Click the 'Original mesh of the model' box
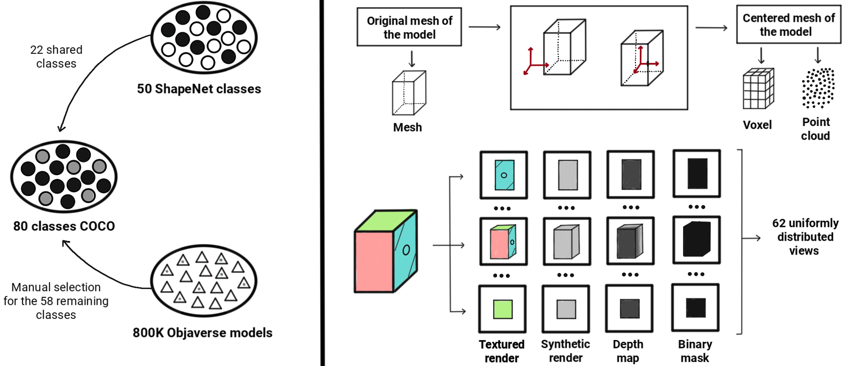coord(409,27)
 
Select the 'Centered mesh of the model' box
coord(788,24)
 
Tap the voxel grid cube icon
coord(758,89)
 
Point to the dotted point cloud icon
coord(818,88)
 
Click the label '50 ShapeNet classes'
coord(199,89)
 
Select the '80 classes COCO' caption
coord(64,226)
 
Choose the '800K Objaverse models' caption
coord(203,333)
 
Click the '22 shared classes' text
coord(56,56)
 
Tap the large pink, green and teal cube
coord(386,251)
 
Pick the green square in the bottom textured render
coord(503,309)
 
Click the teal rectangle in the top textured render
coord(505,175)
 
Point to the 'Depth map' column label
coord(628,351)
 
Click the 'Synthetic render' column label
coord(565,351)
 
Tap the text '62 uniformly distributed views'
coord(805,237)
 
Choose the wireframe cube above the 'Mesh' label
coord(409,93)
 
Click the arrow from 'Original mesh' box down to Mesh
coord(412,59)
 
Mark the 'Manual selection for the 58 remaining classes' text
coord(56,301)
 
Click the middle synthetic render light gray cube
coord(566,241)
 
